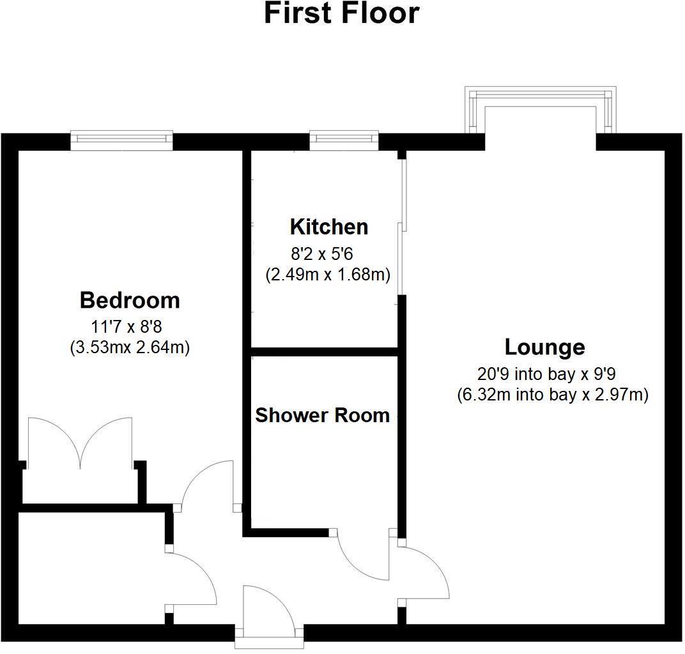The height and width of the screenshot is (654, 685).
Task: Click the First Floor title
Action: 342,13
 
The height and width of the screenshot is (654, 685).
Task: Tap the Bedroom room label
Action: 130,300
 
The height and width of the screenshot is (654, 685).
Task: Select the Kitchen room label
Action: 328,227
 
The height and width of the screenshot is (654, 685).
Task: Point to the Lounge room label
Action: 544,347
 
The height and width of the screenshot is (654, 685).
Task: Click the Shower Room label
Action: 322,415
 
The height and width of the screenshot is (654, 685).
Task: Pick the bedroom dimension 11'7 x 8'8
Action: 127,328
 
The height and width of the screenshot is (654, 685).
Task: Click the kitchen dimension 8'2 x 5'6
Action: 322,254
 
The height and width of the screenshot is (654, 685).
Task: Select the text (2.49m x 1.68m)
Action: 328,275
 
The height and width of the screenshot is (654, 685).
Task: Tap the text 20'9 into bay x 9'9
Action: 546,374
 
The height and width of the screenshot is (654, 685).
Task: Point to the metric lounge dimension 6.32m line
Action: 553,395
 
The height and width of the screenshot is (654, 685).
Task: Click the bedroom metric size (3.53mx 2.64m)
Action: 130,348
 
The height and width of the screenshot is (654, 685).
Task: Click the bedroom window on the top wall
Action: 121,140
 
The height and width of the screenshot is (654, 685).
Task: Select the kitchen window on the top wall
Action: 344,140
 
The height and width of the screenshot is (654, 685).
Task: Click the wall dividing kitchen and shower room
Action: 325,351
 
